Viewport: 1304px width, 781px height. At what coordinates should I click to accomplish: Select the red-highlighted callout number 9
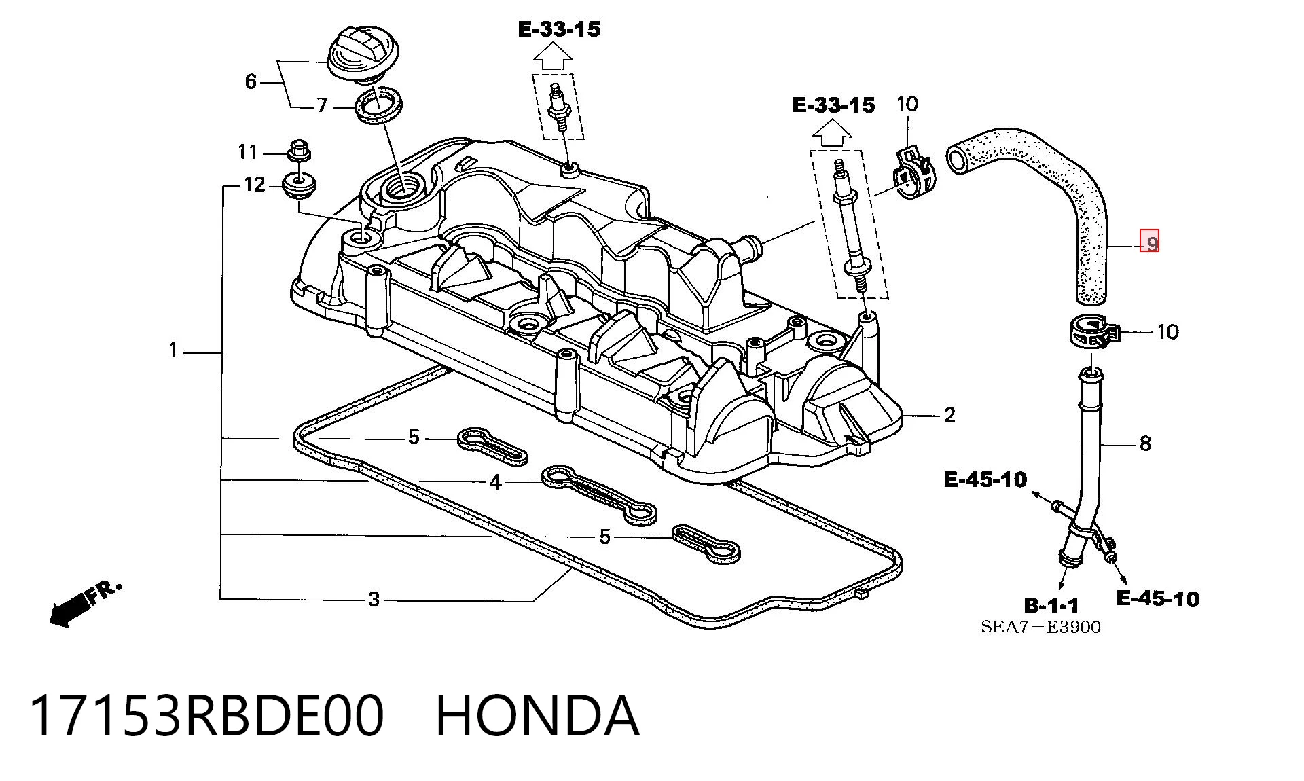tap(1149, 241)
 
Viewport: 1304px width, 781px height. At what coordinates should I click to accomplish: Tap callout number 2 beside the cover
tap(949, 415)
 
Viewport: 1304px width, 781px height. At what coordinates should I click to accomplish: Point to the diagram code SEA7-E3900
tap(1040, 627)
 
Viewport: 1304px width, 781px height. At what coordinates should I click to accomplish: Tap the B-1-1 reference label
tap(1051, 604)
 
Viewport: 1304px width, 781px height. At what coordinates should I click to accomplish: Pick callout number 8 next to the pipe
tap(1145, 443)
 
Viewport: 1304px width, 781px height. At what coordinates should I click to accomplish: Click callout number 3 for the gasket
tap(374, 600)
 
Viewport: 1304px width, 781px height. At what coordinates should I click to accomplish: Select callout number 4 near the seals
tap(496, 482)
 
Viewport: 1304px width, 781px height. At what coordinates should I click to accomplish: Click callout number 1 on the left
tap(173, 350)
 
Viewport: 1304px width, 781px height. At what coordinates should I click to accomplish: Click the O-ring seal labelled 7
tap(379, 106)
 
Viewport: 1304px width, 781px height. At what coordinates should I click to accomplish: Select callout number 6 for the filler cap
tap(251, 82)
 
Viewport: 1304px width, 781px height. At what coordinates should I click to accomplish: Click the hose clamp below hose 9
tap(1089, 332)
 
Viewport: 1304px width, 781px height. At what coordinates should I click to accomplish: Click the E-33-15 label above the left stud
tap(559, 29)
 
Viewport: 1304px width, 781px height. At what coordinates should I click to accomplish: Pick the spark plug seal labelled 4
tap(598, 494)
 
